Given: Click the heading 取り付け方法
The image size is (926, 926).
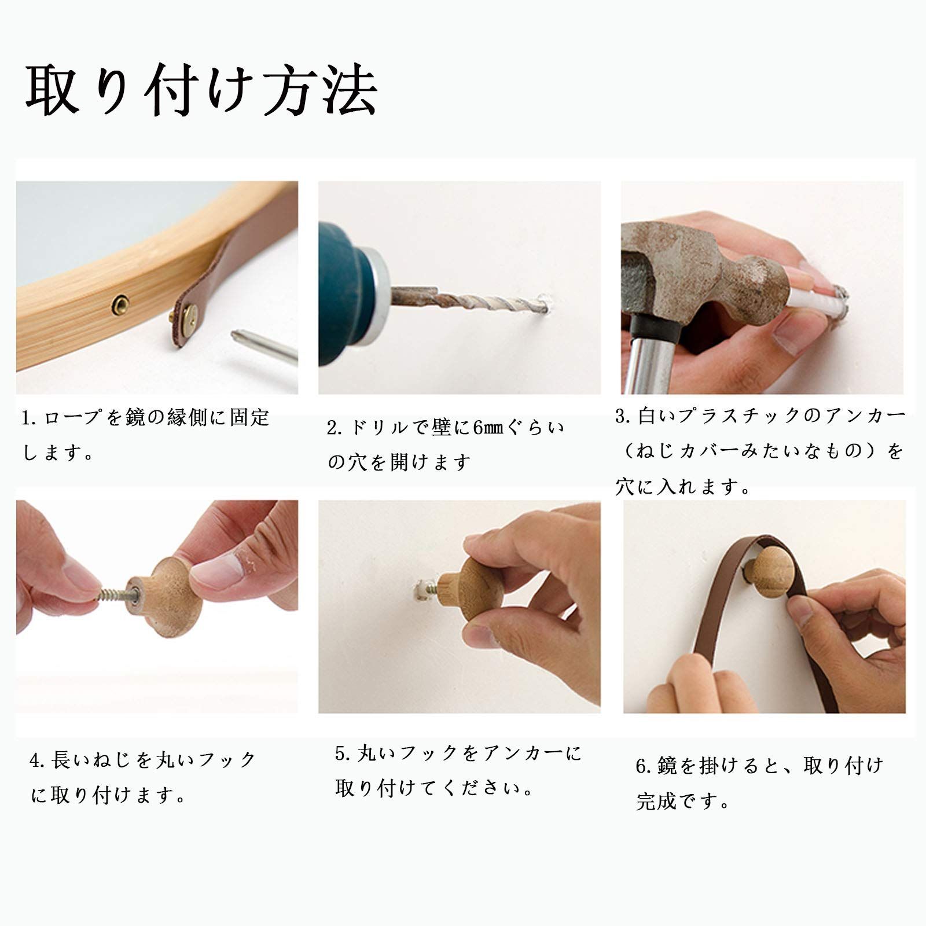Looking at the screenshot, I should point(201,91).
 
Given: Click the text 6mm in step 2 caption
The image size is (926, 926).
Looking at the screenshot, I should point(489,428).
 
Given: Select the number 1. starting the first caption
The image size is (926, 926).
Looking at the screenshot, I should point(30,418).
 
